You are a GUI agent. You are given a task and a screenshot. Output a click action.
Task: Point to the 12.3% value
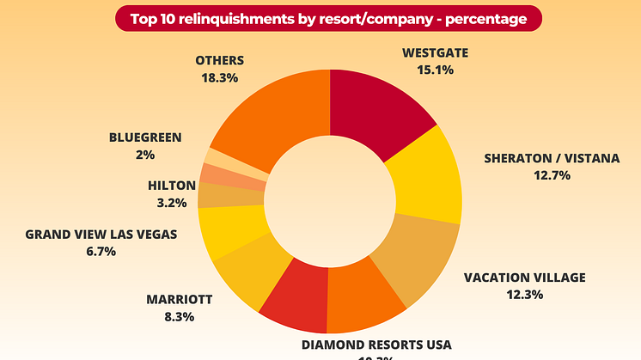[x=524, y=294]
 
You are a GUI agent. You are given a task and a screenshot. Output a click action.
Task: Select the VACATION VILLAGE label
[x=524, y=278]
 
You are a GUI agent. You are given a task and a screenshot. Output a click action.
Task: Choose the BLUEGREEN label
[x=144, y=137]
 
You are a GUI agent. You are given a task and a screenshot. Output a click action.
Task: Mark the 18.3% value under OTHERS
[x=219, y=76]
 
